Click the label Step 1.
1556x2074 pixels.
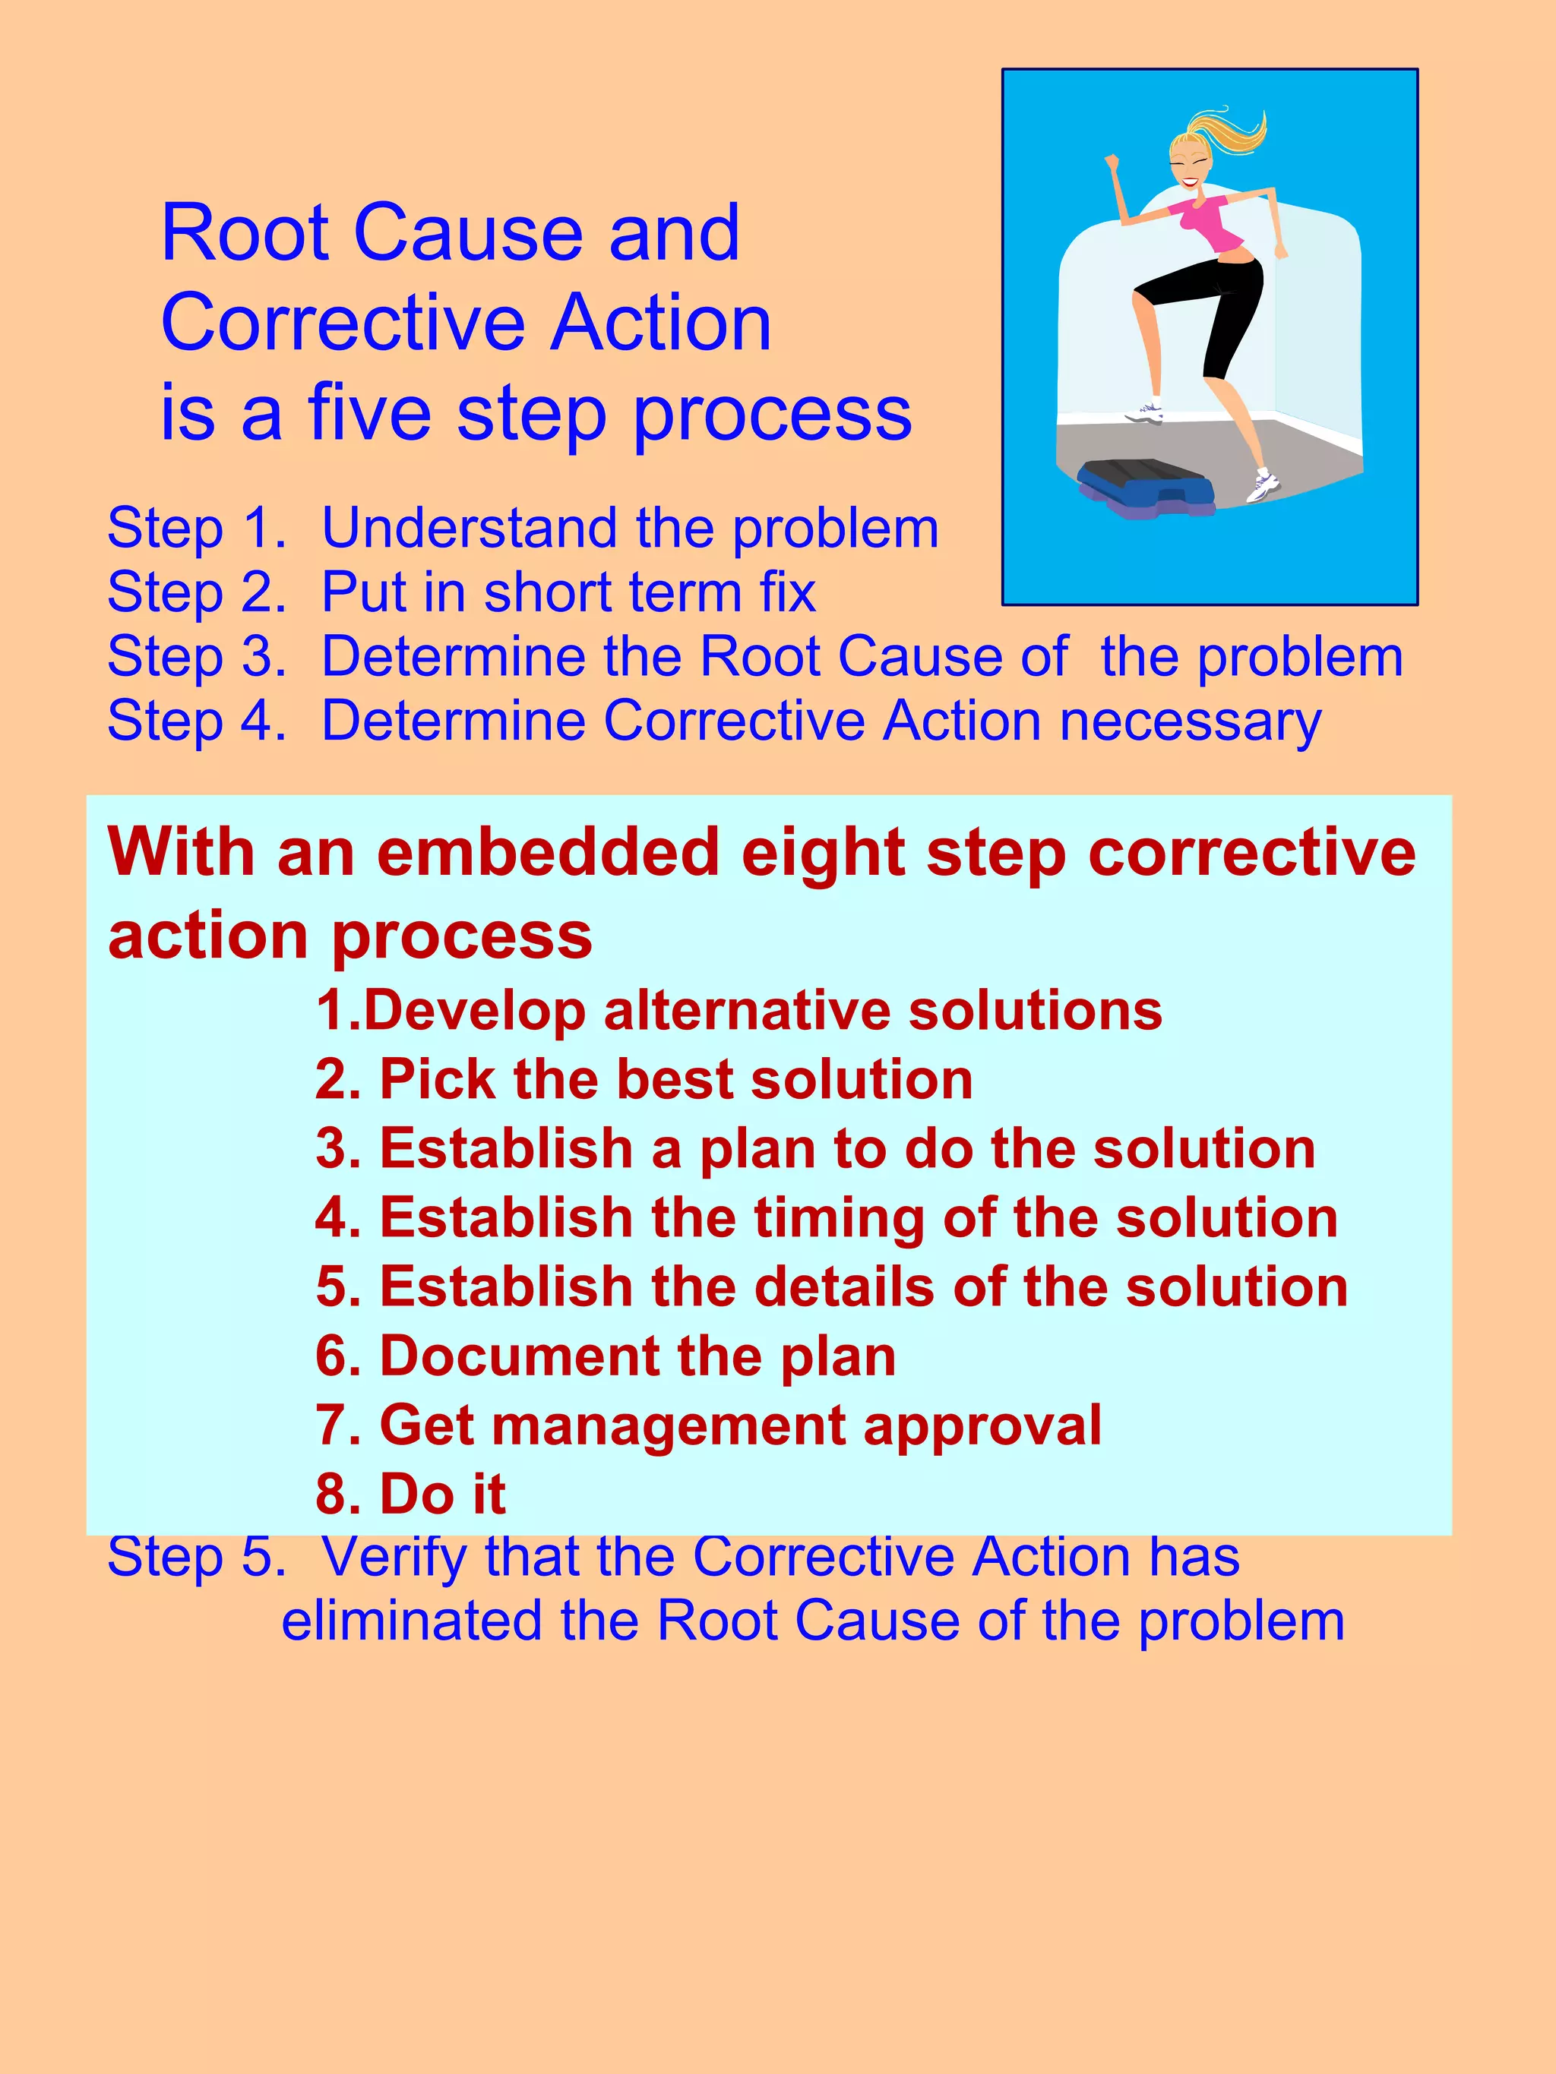click(x=196, y=528)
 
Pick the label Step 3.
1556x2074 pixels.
click(x=196, y=656)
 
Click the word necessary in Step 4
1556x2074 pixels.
click(x=1191, y=722)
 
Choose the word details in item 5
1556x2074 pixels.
click(x=844, y=1286)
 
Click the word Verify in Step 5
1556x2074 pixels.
click(x=394, y=1558)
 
